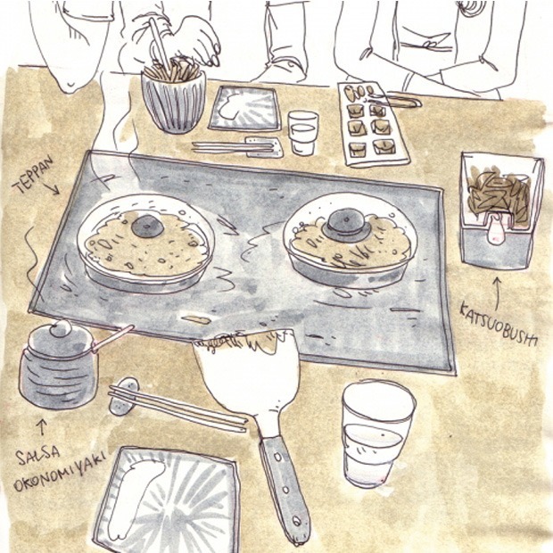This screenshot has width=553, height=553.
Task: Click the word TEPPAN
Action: pyautogui.click(x=34, y=175)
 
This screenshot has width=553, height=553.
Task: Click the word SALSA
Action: pyautogui.click(x=37, y=456)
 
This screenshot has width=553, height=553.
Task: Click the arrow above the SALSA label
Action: pyautogui.click(x=42, y=427)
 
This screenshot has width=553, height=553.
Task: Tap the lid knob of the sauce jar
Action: pyautogui.click(x=61, y=329)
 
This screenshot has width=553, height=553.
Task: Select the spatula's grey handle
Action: pyautogui.click(x=284, y=491)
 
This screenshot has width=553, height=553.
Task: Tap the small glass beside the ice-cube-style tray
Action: pyautogui.click(x=303, y=133)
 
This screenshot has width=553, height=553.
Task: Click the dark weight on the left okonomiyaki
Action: pyautogui.click(x=147, y=227)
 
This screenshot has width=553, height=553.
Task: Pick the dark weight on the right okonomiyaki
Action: pyautogui.click(x=346, y=225)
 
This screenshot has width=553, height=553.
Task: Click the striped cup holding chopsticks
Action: pyautogui.click(x=174, y=101)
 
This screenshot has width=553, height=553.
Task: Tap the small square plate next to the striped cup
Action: pyautogui.click(x=245, y=108)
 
